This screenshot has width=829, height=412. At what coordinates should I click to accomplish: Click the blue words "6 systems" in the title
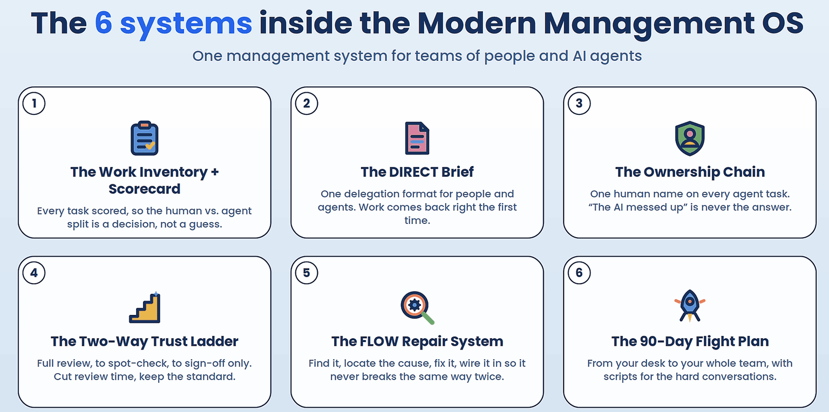(x=173, y=24)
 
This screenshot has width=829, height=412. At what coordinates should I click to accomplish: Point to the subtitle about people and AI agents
(x=417, y=56)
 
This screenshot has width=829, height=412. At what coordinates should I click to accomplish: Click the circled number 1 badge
(x=34, y=103)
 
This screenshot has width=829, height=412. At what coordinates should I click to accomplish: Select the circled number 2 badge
(x=307, y=103)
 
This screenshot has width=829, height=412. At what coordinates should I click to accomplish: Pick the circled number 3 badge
(x=579, y=103)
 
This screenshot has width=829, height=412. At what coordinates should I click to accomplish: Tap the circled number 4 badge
(x=34, y=272)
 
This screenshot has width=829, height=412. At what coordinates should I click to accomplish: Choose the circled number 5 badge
(x=307, y=272)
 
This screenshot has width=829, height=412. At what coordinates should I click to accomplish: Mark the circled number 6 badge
(x=579, y=272)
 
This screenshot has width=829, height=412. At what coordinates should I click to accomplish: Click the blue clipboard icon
(x=144, y=138)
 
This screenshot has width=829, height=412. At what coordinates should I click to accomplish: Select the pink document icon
(x=417, y=138)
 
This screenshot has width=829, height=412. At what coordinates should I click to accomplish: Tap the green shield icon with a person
(x=690, y=138)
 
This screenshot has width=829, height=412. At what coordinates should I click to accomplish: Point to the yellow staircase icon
(x=145, y=307)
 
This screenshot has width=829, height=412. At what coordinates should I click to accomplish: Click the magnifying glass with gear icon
(x=417, y=308)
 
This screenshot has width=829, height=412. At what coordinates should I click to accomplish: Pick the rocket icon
(x=690, y=306)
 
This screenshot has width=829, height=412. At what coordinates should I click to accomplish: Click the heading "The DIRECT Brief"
(x=417, y=172)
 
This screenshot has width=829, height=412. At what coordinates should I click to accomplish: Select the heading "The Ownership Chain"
(x=690, y=172)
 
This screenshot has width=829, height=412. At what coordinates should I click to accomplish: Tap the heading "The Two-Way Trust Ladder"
(x=144, y=341)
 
